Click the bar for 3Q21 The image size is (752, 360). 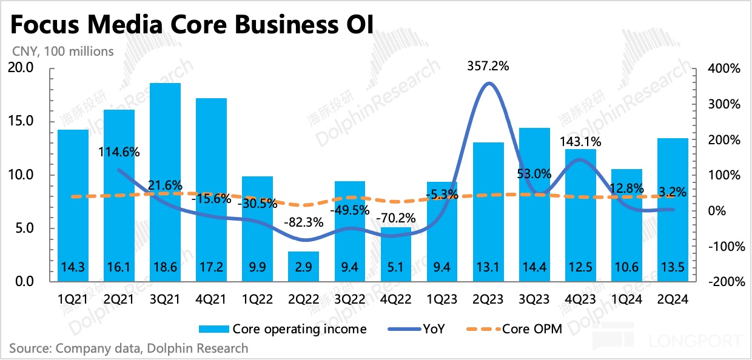tap(165, 182)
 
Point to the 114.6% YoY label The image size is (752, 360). tap(119, 152)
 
